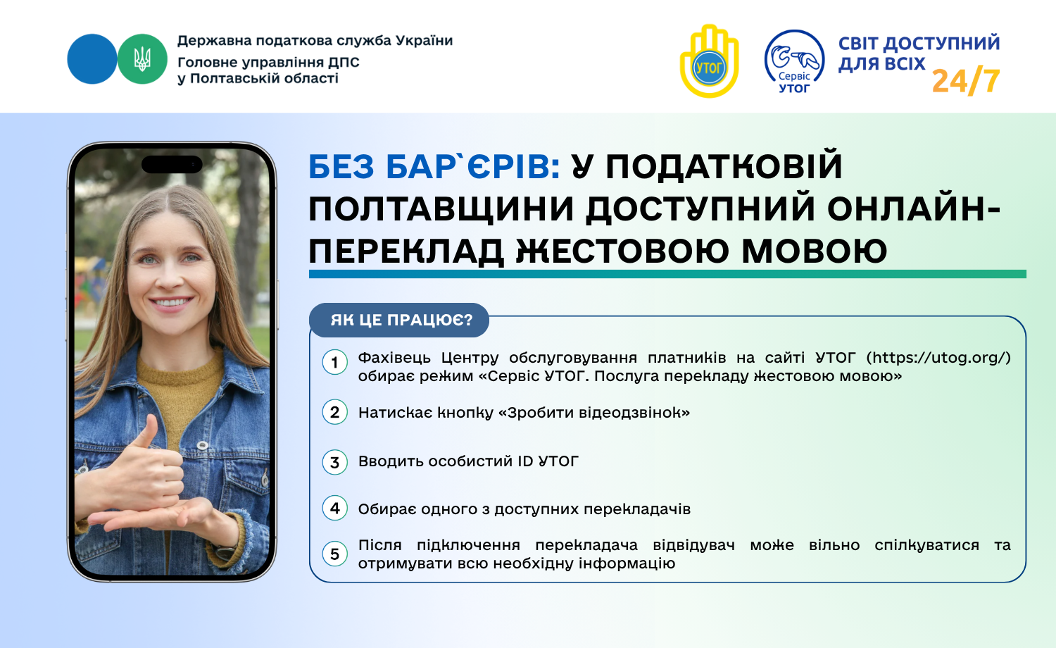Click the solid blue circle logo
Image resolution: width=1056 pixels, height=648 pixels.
[x=92, y=59]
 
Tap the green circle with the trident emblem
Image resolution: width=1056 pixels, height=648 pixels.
[x=142, y=59]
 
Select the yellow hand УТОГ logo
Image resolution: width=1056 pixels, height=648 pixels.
[x=709, y=61]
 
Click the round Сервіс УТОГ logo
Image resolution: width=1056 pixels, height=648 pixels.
[x=794, y=62]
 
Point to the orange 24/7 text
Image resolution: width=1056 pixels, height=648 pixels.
[x=966, y=81]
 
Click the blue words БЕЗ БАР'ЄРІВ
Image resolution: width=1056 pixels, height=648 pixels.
[x=434, y=167]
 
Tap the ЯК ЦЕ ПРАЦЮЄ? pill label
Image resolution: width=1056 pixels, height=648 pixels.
[x=399, y=320]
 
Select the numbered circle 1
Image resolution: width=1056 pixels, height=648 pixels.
[x=334, y=362]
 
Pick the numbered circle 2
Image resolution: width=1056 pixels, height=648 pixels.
[x=334, y=412]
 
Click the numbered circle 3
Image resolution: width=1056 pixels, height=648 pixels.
[x=334, y=462]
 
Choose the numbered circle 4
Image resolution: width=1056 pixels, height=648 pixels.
[x=334, y=508]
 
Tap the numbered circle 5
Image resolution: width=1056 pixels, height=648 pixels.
[x=334, y=554]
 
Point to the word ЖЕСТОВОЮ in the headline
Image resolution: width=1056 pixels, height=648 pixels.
[x=624, y=251]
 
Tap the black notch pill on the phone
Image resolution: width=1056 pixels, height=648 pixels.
[x=172, y=165]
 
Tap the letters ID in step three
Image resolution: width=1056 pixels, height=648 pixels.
[x=525, y=461]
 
